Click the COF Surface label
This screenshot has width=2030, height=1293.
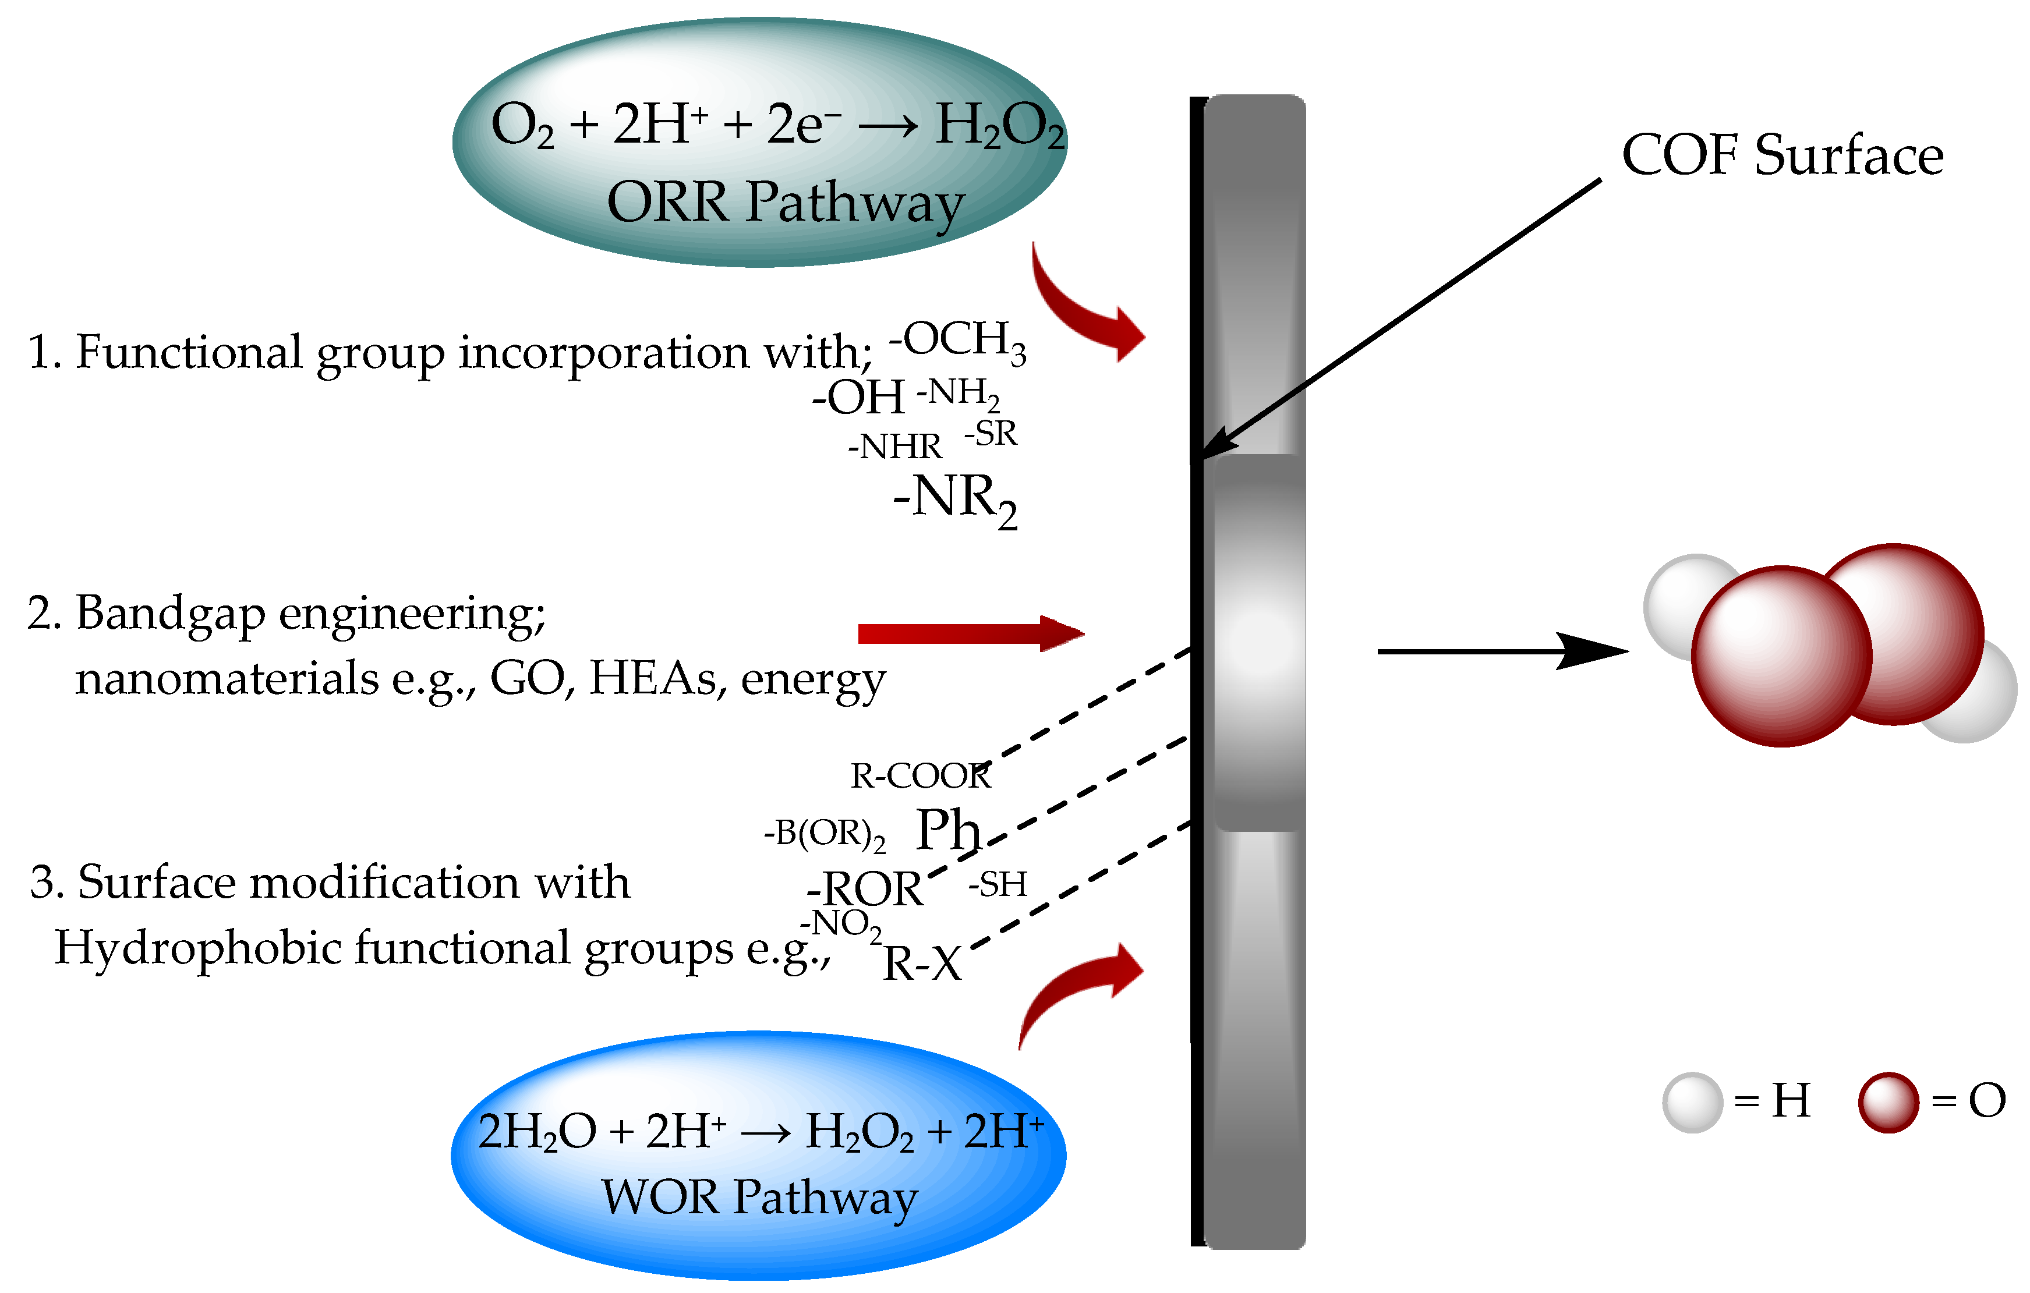(1782, 156)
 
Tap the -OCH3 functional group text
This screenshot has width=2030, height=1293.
(958, 341)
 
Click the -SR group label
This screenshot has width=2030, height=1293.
(991, 434)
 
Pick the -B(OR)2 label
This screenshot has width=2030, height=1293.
(825, 834)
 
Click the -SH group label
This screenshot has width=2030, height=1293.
(998, 885)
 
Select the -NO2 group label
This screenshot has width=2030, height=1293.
(840, 924)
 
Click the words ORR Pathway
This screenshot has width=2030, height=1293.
(786, 203)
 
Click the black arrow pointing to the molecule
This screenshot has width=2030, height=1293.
(1501, 651)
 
